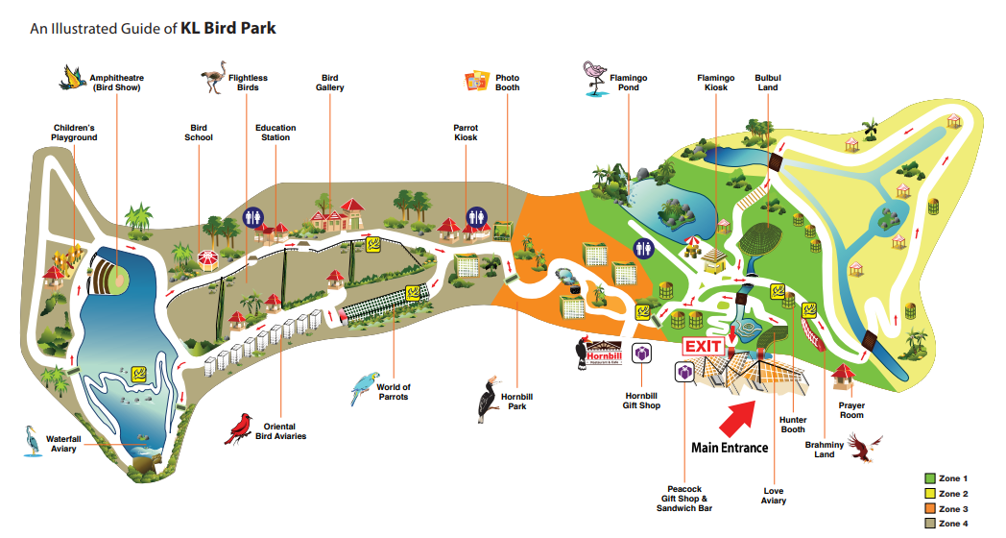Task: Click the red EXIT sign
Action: [x=704, y=347]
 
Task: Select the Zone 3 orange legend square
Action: [x=929, y=509]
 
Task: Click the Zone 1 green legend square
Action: [x=929, y=478]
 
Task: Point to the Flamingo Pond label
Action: [x=628, y=83]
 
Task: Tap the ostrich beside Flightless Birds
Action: [x=214, y=77]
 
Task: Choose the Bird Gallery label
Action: [x=330, y=83]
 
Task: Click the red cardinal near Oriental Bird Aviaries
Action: [x=239, y=428]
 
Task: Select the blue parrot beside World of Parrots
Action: [x=365, y=388]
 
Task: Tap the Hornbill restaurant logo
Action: [x=599, y=354]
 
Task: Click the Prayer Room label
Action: [x=851, y=410]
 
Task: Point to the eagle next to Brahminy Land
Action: [x=864, y=447]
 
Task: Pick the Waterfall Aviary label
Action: [x=63, y=444]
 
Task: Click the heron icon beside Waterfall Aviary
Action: [x=32, y=440]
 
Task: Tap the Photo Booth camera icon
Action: [x=477, y=81]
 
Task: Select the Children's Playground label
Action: [x=75, y=133]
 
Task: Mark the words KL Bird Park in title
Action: [x=228, y=28]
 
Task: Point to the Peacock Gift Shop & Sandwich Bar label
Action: [x=683, y=499]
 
